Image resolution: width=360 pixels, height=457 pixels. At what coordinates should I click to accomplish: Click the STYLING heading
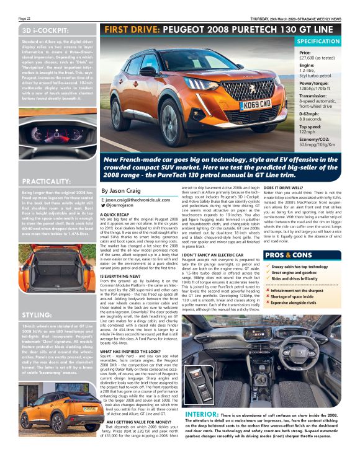coord(36,316)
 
